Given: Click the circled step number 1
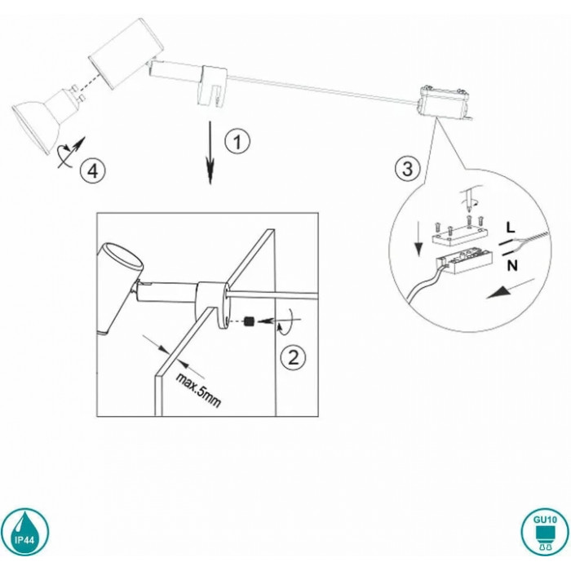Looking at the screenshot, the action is click(x=237, y=141).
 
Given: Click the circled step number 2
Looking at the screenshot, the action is click(x=293, y=357).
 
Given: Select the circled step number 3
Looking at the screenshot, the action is click(x=407, y=169).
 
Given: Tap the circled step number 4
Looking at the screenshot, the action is click(x=93, y=170).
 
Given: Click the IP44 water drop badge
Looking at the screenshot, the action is click(x=24, y=532).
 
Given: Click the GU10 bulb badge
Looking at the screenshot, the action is click(x=545, y=532).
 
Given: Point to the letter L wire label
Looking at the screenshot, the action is click(x=511, y=228).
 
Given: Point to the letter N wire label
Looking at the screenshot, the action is click(x=512, y=266).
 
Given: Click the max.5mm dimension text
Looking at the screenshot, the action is click(x=198, y=390).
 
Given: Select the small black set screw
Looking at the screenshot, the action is click(x=249, y=321).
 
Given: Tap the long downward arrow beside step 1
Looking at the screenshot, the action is click(x=210, y=153).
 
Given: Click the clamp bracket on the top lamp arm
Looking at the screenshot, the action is click(x=212, y=86).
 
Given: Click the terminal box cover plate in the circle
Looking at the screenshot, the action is click(x=459, y=235).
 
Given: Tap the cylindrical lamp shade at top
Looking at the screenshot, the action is click(x=126, y=52).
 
